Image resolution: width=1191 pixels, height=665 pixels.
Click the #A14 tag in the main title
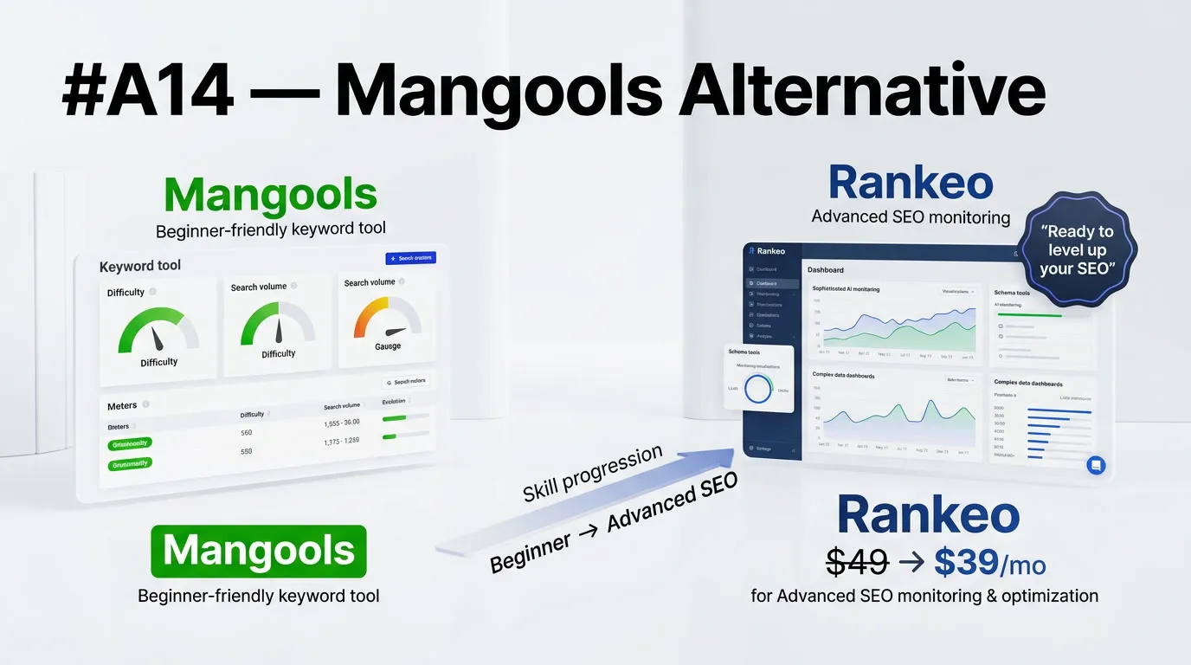click(x=148, y=93)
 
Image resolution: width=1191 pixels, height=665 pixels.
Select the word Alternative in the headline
click(x=861, y=93)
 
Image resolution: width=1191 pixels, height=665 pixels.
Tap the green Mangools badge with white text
click(x=259, y=552)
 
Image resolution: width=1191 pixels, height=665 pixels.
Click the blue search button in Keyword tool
click(x=410, y=258)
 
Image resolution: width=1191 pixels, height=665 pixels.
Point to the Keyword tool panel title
click(x=140, y=266)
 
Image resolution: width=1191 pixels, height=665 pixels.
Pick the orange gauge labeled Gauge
click(x=387, y=321)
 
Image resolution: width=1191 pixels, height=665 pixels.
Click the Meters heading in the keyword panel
click(x=122, y=405)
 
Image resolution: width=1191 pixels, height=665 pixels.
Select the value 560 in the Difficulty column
click(x=247, y=432)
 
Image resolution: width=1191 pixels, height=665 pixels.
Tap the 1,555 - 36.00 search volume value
click(x=342, y=423)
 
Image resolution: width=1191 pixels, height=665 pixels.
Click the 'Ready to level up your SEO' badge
click(x=1078, y=250)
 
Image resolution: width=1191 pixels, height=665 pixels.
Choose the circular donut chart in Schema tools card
click(x=759, y=389)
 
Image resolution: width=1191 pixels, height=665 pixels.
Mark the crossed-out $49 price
click(x=857, y=564)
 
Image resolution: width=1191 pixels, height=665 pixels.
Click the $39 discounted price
click(x=965, y=564)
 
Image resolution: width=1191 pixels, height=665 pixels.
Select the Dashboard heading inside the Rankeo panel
click(x=825, y=269)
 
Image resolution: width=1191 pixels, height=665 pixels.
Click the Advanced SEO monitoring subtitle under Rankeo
click(x=911, y=216)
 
